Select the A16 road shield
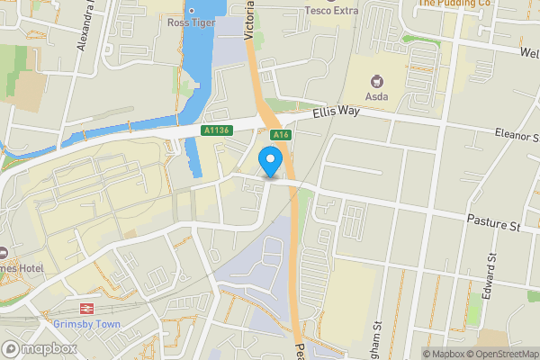pos(283,134)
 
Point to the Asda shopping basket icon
pos(377,77)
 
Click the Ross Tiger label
pos(191,22)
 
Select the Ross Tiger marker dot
pos(191,9)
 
